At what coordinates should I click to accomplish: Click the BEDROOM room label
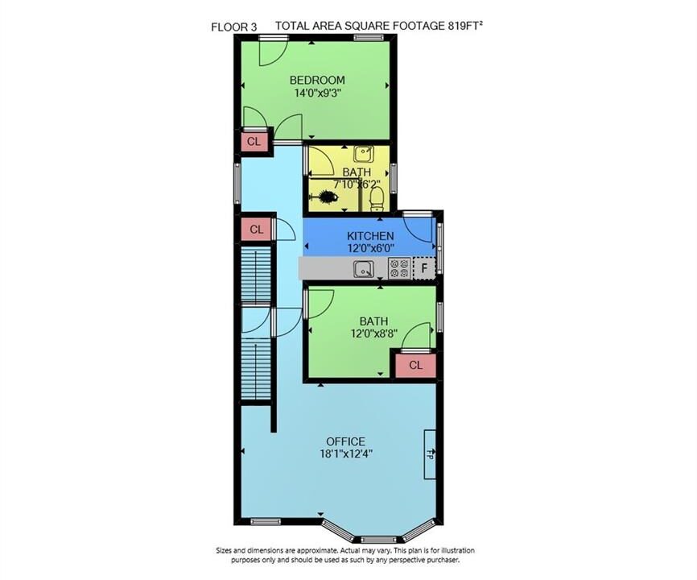[x=317, y=80]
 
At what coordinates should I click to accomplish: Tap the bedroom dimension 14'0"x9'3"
[x=317, y=93]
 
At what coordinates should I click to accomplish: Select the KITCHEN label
[x=370, y=236]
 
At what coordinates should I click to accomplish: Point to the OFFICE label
[x=346, y=441]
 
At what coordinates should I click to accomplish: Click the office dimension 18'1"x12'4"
[x=346, y=454]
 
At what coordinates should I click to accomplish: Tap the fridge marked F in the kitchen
[x=424, y=268]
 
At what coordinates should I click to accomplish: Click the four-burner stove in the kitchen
[x=398, y=268]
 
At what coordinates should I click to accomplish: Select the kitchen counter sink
[x=364, y=269]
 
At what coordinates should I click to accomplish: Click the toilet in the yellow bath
[x=377, y=199]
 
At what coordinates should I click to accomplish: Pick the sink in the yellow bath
[x=364, y=155]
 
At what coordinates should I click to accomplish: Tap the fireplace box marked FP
[x=430, y=454]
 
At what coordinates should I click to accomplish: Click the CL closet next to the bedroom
[x=254, y=142]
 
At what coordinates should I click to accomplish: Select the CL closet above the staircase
[x=257, y=230]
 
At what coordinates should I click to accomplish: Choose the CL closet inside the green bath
[x=415, y=365]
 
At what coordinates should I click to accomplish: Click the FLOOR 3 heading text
[x=234, y=27]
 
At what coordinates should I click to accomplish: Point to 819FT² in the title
[x=464, y=25]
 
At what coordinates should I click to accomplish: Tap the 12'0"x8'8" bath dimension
[x=373, y=333]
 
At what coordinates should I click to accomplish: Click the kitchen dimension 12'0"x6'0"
[x=370, y=248]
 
